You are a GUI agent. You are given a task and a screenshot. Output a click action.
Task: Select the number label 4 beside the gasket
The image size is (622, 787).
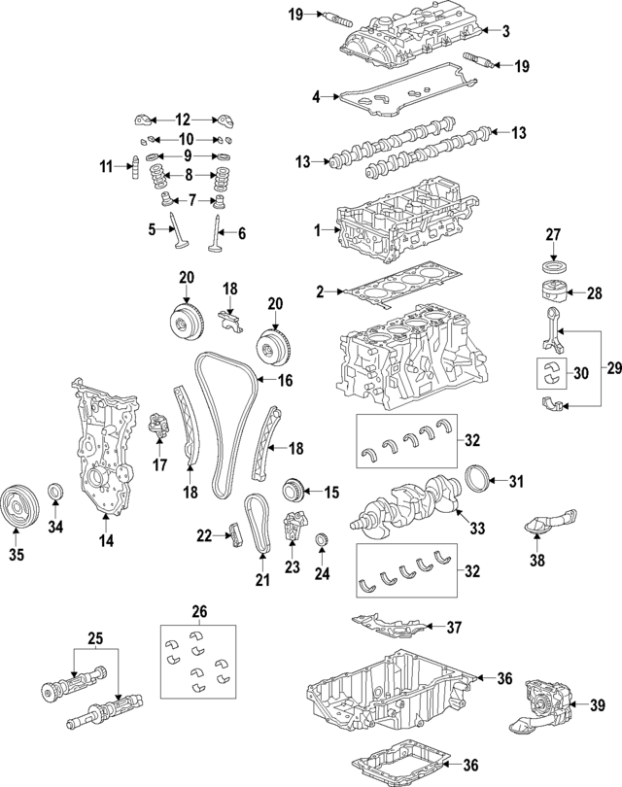[316, 96]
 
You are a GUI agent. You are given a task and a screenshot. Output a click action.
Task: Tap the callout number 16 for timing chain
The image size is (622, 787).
[285, 381]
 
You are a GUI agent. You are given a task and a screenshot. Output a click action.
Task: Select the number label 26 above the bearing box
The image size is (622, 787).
[199, 611]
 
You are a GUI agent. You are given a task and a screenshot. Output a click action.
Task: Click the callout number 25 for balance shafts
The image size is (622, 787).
[94, 638]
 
